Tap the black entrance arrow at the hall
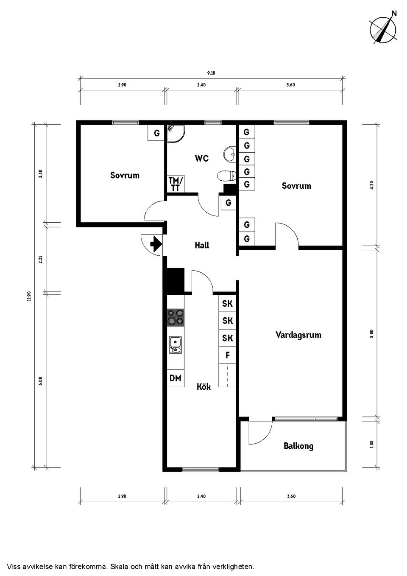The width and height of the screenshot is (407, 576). [156, 244]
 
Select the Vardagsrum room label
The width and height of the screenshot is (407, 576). [298, 335]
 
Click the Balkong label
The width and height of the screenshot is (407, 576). [298, 446]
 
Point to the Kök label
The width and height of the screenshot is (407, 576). [203, 387]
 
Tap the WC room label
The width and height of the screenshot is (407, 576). [202, 158]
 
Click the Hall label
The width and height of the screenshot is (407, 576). [202, 245]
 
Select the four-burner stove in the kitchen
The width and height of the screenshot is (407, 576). [176, 317]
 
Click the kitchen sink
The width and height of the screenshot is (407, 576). [175, 344]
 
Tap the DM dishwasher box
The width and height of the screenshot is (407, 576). [176, 378]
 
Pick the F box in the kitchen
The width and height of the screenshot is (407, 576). [228, 355]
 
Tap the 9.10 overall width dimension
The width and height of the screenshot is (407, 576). [211, 73]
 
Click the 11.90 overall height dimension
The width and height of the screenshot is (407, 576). [29, 296]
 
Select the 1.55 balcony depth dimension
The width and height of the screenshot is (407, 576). [372, 444]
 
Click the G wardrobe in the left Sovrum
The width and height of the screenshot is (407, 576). [156, 133]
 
